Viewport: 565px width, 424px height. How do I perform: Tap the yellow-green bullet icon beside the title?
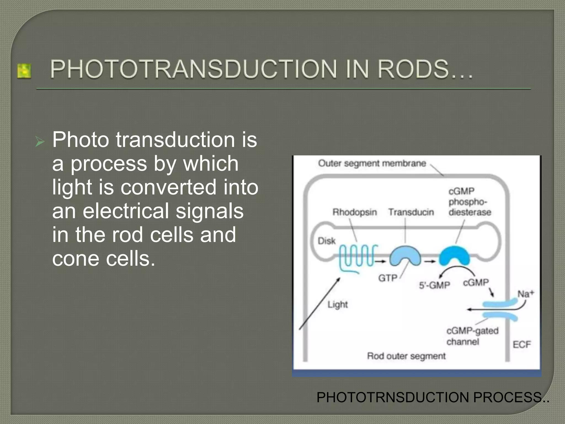click(x=24, y=71)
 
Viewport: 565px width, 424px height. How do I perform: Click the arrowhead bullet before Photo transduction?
click(x=40, y=142)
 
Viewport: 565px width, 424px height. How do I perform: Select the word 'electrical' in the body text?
click(x=126, y=211)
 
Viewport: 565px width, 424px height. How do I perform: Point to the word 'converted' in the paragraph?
click(x=168, y=187)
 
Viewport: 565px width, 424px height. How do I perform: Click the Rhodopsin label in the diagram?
click(x=355, y=212)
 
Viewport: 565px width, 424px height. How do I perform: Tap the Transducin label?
click(x=411, y=212)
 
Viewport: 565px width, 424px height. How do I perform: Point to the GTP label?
click(x=388, y=278)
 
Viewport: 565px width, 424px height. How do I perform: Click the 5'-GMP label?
click(x=434, y=285)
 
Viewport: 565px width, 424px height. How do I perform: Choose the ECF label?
click(x=522, y=344)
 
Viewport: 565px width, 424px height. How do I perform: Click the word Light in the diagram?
click(x=337, y=304)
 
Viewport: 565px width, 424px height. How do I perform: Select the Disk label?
click(x=327, y=241)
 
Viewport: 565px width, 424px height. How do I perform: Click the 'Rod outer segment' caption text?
click(x=406, y=356)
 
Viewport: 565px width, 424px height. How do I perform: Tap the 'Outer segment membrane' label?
click(x=372, y=163)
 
